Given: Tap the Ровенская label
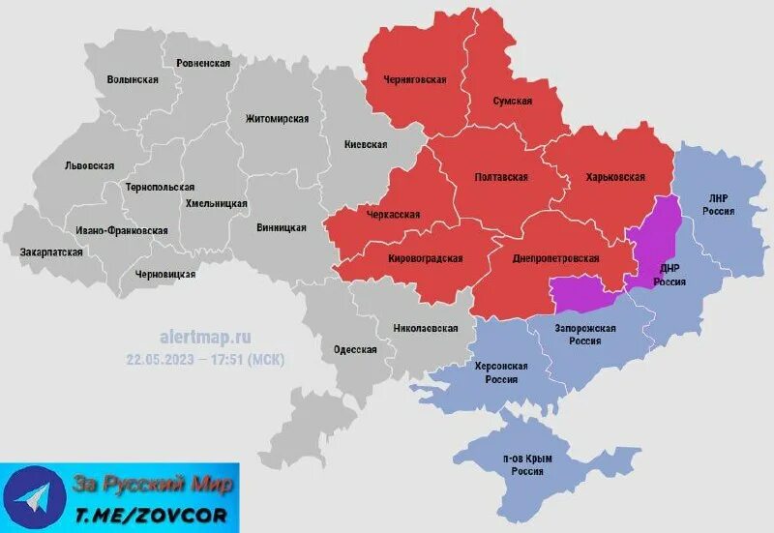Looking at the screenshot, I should (x=203, y=63).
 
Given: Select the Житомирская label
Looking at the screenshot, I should (x=277, y=119).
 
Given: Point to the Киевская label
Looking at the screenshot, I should (x=366, y=144).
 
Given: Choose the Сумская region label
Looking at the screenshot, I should (x=513, y=101).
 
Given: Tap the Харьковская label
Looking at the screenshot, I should (x=614, y=177).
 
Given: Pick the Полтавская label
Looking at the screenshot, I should (x=501, y=177).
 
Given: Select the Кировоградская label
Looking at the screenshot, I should (x=425, y=258).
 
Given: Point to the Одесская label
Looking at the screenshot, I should (x=355, y=349).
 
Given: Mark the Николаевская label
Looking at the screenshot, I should (x=425, y=328).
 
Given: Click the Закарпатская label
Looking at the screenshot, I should (x=51, y=252).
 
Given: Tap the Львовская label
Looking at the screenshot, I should (x=89, y=165).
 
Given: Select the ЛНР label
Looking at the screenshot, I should (x=717, y=198).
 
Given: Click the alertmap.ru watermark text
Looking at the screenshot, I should (x=204, y=338).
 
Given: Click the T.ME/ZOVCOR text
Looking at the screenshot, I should (x=152, y=513).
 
